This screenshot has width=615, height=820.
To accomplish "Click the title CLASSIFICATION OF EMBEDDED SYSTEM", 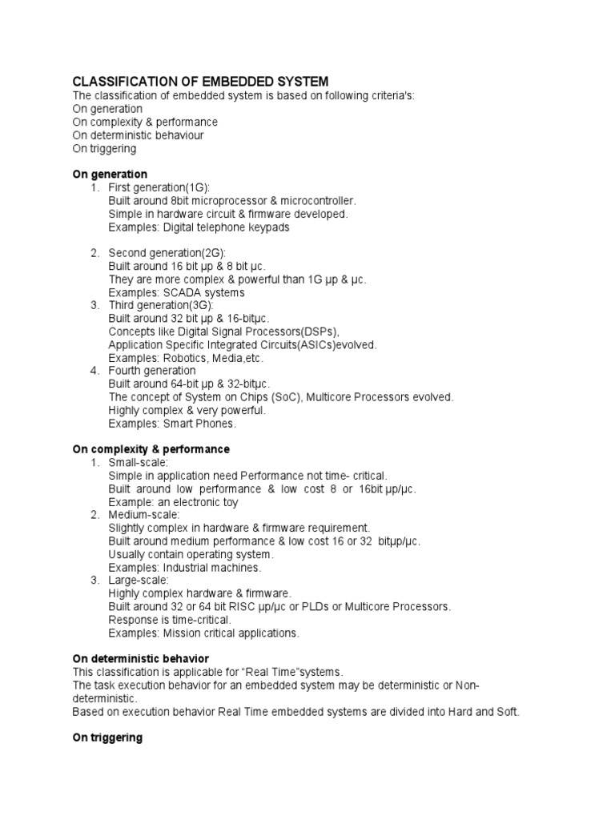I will coord(200,82).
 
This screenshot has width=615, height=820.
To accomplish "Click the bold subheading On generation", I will coord(110,174).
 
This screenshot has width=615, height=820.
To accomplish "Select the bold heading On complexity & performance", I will coord(151,449).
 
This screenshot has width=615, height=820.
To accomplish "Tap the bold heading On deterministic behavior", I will coord(140,658).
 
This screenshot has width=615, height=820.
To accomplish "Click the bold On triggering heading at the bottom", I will coord(107,738).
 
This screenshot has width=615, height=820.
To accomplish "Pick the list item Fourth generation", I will coord(151,371).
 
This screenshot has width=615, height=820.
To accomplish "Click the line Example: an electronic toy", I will coord(173,502).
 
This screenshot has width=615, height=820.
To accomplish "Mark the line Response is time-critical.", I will coord(170,620).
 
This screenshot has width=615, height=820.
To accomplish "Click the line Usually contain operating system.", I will coord(191,554).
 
